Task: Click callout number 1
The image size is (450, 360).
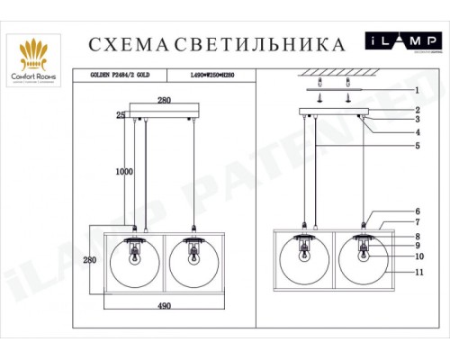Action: tap(416, 90)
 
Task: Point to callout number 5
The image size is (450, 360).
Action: tap(416, 145)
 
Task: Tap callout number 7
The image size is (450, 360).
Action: tap(416, 221)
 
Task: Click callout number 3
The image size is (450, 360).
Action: tap(416, 119)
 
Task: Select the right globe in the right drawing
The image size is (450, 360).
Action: tap(364, 260)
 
